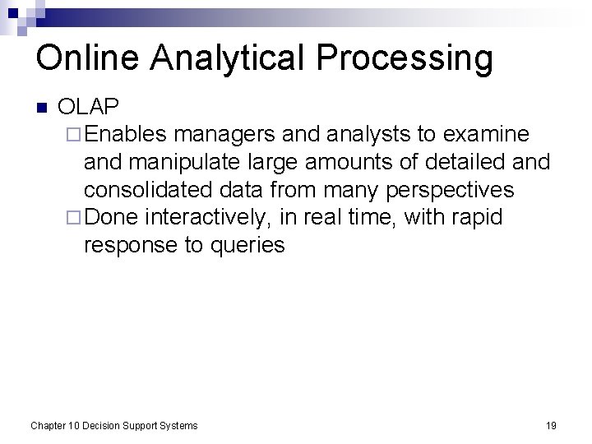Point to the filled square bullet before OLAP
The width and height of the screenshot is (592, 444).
click(x=43, y=108)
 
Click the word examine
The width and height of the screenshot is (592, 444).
click(x=488, y=134)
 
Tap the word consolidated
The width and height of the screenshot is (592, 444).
click(x=149, y=190)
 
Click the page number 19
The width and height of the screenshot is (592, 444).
click(x=551, y=426)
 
